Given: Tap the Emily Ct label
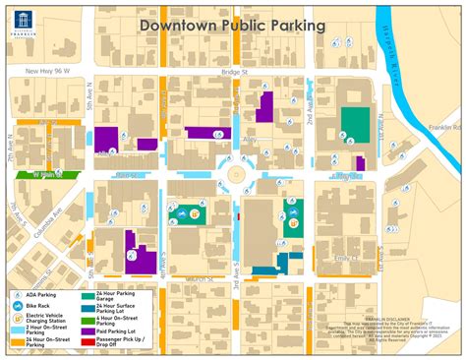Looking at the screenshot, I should click(x=348, y=258).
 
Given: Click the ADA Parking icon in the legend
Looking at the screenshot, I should click(x=19, y=294).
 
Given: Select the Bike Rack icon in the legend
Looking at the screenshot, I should click(x=19, y=306).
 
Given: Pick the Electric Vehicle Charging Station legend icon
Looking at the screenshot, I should click(x=19, y=319).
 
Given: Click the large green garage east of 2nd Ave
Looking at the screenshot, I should click(x=354, y=122).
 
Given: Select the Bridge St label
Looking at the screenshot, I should click(x=234, y=72).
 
